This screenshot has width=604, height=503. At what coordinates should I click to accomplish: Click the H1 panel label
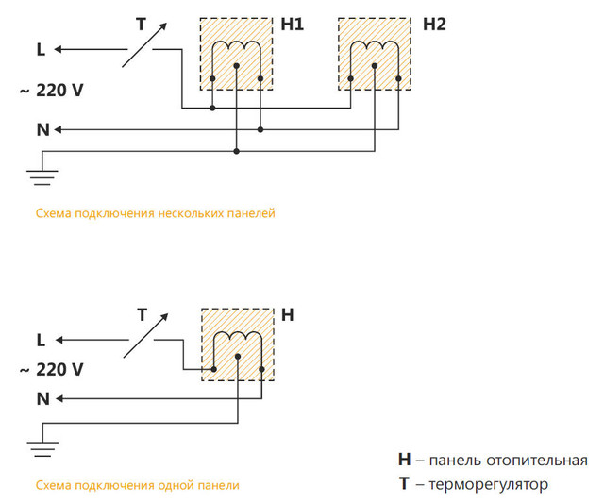[x=292, y=25]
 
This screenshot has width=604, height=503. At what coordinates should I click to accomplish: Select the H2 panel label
[x=433, y=25]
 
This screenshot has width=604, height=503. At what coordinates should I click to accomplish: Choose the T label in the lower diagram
[x=142, y=314]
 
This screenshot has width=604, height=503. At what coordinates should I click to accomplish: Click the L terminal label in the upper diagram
[x=40, y=50]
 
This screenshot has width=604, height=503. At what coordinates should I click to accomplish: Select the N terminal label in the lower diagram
[x=42, y=399]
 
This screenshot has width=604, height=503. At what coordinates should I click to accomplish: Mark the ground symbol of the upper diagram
[x=42, y=174]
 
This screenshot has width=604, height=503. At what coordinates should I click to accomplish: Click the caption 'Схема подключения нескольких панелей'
[x=155, y=214]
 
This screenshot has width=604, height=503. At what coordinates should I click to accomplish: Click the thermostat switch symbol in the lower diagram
[x=143, y=336]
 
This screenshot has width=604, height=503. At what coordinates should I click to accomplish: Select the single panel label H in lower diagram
[x=288, y=315]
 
